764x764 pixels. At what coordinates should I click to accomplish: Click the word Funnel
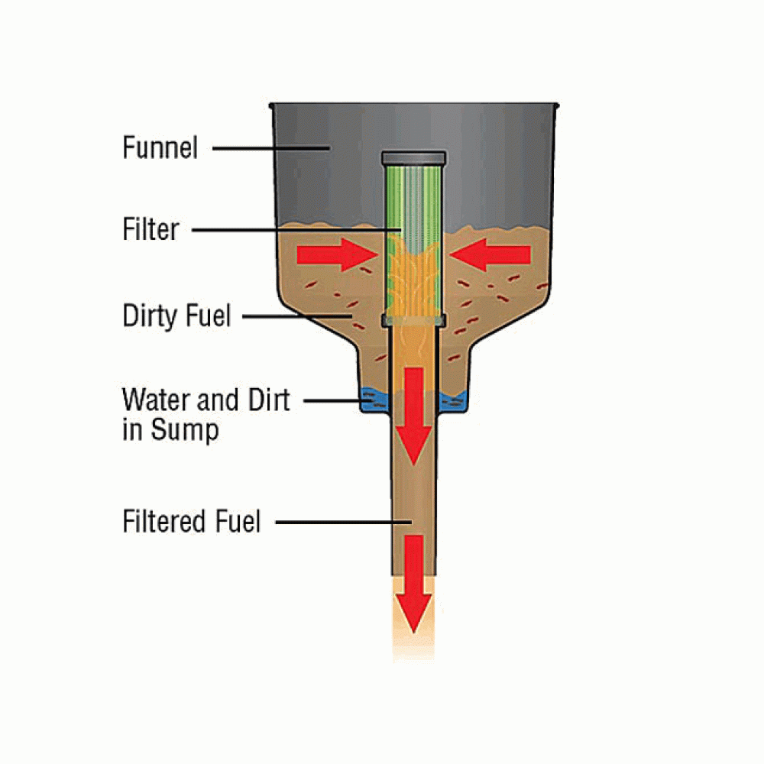coord(160,147)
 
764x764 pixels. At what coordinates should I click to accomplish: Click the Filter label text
coord(151,229)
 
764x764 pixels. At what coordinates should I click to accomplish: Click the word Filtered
coord(165,521)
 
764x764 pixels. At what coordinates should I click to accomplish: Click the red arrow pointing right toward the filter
coord(338,254)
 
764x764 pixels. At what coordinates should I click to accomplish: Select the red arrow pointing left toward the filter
coord(490,254)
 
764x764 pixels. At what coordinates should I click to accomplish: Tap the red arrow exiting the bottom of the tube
coord(413,584)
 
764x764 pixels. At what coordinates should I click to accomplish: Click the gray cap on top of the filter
coord(413,158)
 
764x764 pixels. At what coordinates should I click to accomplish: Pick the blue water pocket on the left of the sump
coord(374,399)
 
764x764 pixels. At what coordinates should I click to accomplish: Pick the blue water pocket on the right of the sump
coord(453,400)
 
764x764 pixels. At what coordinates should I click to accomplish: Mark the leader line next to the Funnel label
coord(271,148)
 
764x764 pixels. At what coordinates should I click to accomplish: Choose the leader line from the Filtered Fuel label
coord(344,523)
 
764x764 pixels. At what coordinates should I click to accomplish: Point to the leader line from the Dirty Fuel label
coord(297,317)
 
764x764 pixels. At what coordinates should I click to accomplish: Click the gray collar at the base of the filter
coord(413,320)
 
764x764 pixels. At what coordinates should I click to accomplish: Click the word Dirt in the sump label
coord(270,400)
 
